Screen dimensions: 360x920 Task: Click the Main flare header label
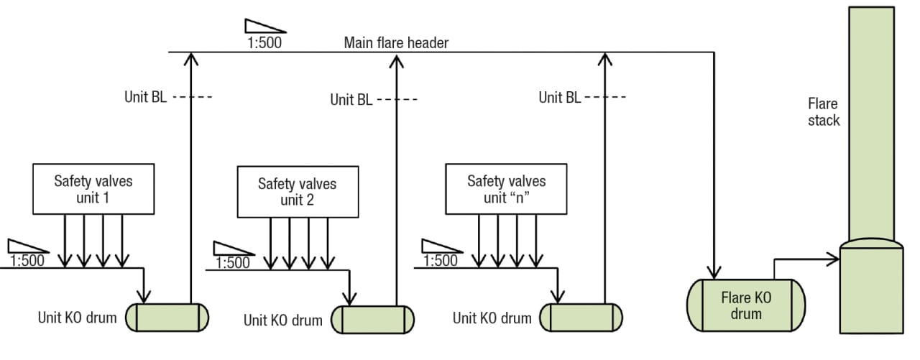[396, 43]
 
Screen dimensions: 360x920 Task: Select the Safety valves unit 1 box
[93, 189]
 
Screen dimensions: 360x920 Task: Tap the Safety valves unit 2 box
[297, 192]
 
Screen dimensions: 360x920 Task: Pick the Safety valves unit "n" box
[506, 189]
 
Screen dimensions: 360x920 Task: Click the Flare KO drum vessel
[747, 305]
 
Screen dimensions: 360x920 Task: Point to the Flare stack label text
[823, 112]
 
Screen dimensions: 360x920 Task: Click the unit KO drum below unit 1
[167, 315]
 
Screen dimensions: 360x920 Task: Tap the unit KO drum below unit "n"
[581, 317]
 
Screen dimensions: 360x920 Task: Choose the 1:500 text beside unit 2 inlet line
[233, 263]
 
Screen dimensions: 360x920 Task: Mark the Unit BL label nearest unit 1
[145, 97]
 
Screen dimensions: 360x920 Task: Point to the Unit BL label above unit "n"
[560, 97]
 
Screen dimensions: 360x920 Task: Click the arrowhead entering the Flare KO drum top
[714, 272]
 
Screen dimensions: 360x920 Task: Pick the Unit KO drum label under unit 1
[77, 317]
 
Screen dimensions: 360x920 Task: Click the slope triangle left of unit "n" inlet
[438, 245]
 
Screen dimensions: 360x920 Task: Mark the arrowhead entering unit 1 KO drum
[145, 296]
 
